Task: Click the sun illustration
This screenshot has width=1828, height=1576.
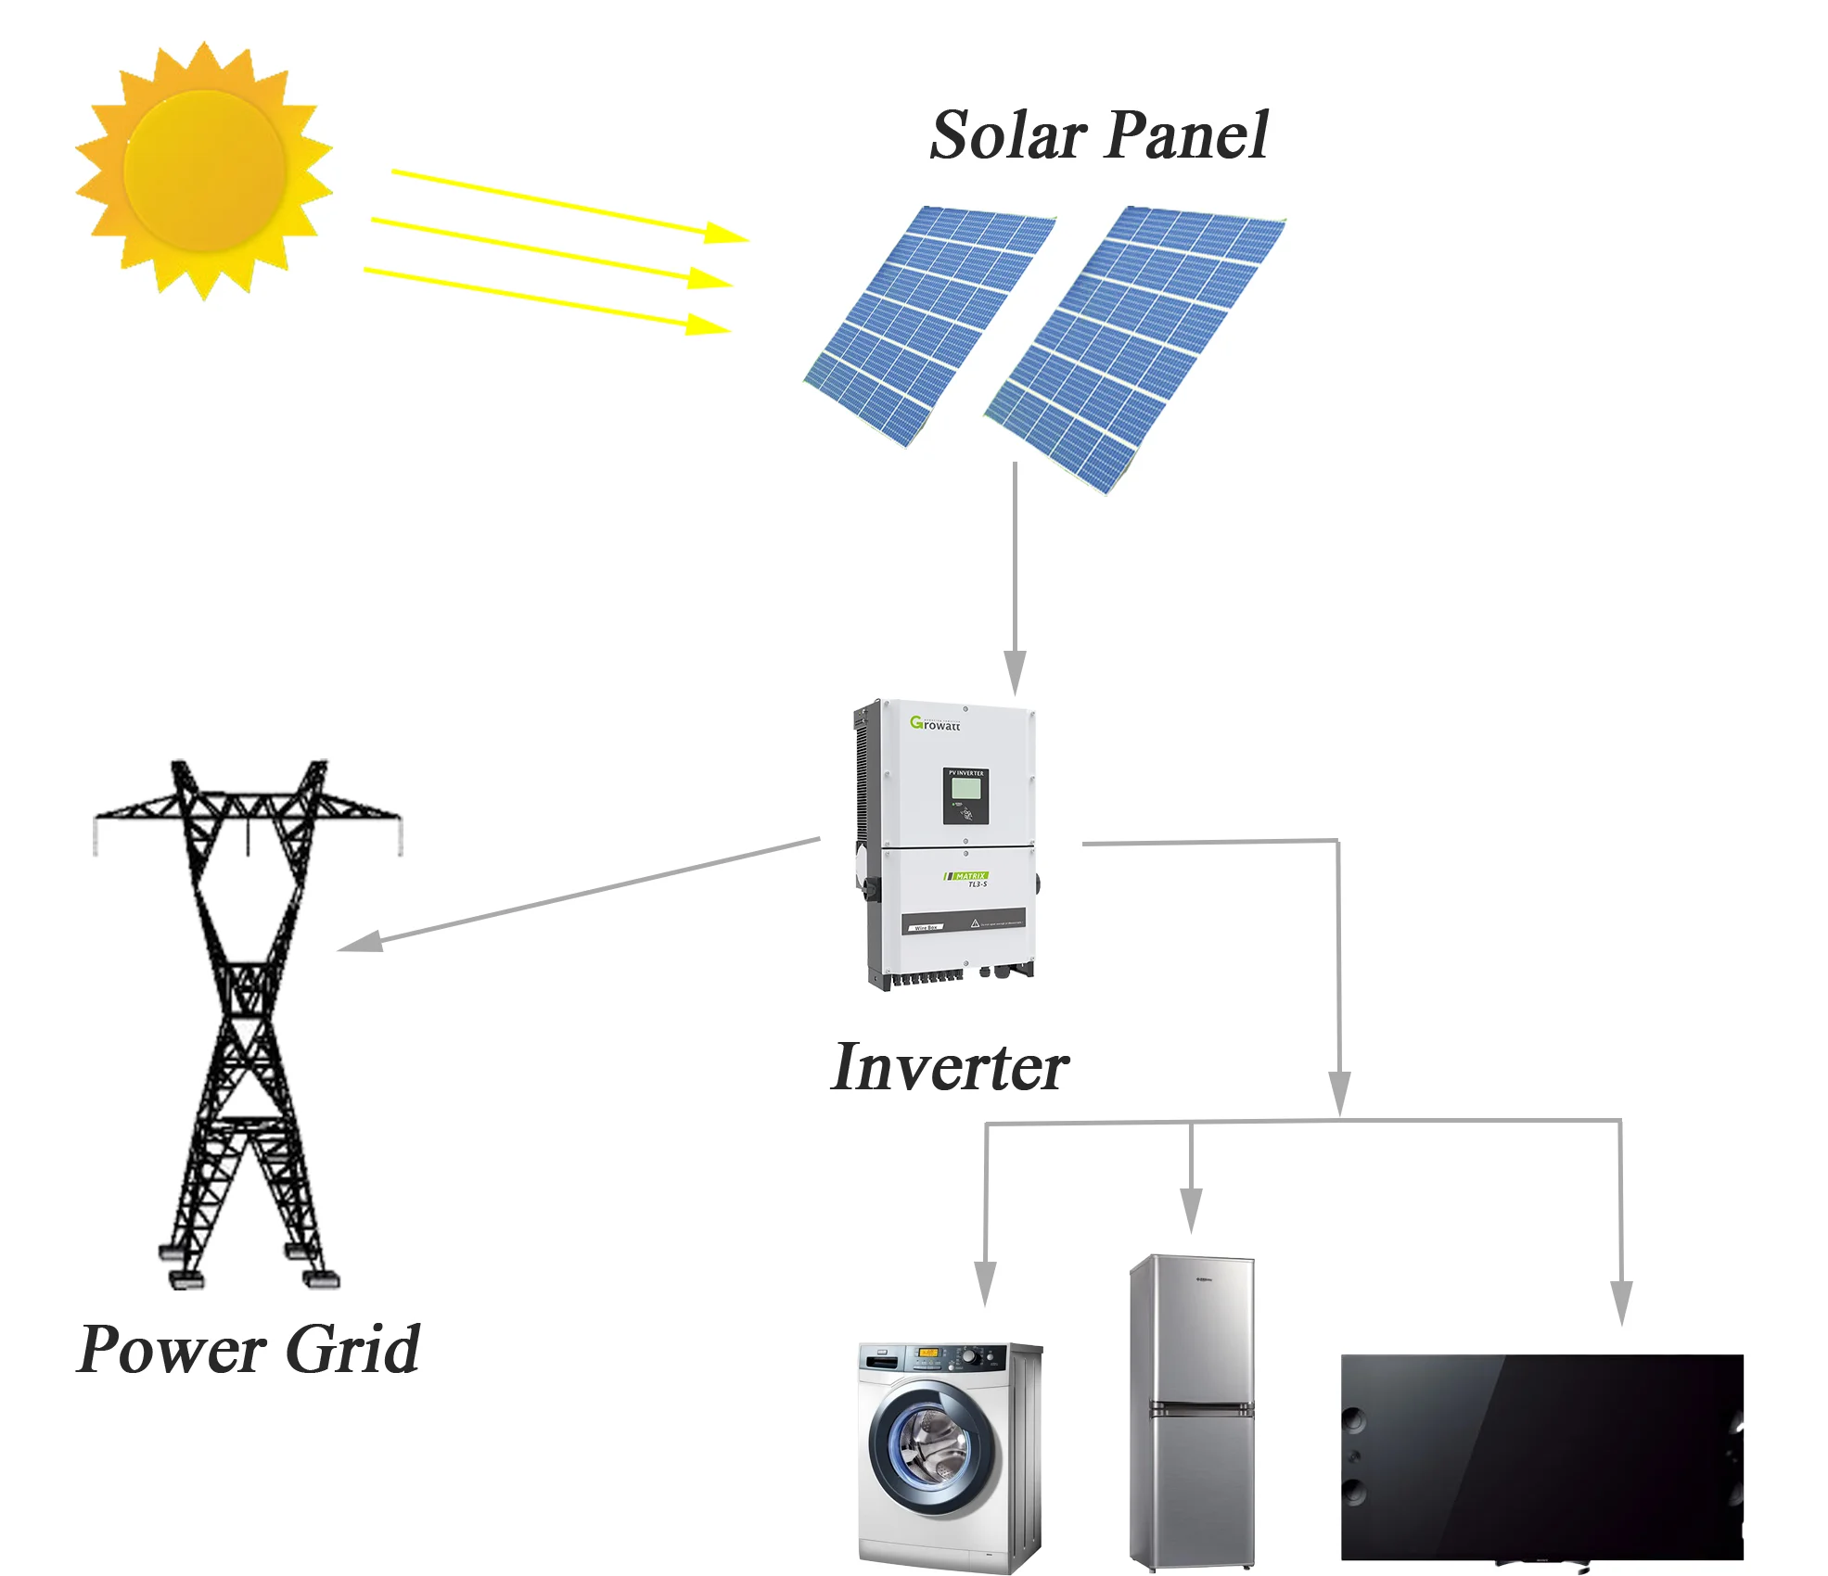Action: [204, 171]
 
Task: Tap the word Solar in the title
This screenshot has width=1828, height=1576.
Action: [1008, 136]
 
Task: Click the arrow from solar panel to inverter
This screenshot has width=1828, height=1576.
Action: [1016, 575]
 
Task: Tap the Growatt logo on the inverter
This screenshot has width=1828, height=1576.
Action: [935, 723]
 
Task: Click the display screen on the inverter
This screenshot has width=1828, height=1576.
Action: [966, 789]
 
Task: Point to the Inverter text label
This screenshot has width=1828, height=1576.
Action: [950, 1067]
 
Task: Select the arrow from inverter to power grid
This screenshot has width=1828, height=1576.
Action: [575, 896]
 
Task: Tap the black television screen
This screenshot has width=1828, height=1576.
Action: [1541, 1455]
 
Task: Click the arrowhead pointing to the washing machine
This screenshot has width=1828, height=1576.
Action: [985, 1283]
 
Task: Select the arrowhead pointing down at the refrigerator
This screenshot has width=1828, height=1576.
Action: [1192, 1210]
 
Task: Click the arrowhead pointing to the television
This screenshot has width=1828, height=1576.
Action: [1621, 1302]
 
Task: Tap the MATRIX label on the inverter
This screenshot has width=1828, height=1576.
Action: [970, 876]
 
